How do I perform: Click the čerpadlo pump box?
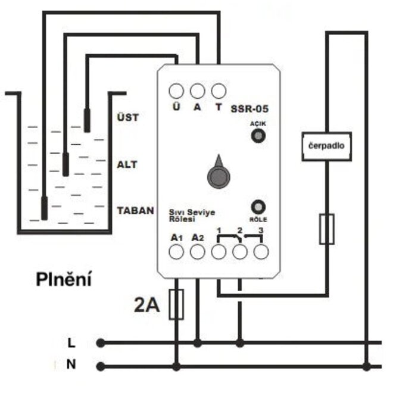click(x=327, y=146)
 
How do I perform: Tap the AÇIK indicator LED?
click(x=258, y=136)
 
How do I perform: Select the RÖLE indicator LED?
click(x=258, y=207)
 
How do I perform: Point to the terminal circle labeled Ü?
click(x=176, y=91)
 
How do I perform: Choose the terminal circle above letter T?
click(x=219, y=91)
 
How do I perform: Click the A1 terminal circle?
click(x=176, y=252)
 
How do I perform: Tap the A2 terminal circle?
click(x=198, y=252)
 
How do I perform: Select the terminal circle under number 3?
click(x=261, y=252)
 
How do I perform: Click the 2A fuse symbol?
click(x=176, y=304)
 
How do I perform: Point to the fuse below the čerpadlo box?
click(x=327, y=229)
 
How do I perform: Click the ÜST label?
click(x=128, y=117)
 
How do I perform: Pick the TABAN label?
click(x=135, y=210)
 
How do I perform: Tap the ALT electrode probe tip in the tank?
click(x=66, y=164)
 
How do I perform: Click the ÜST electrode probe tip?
click(x=87, y=121)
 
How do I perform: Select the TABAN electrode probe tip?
click(x=45, y=208)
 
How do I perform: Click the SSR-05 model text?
click(x=250, y=108)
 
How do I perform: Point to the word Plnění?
click(x=64, y=279)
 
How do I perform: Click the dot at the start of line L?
click(x=101, y=343)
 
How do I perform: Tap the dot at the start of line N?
click(x=101, y=366)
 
